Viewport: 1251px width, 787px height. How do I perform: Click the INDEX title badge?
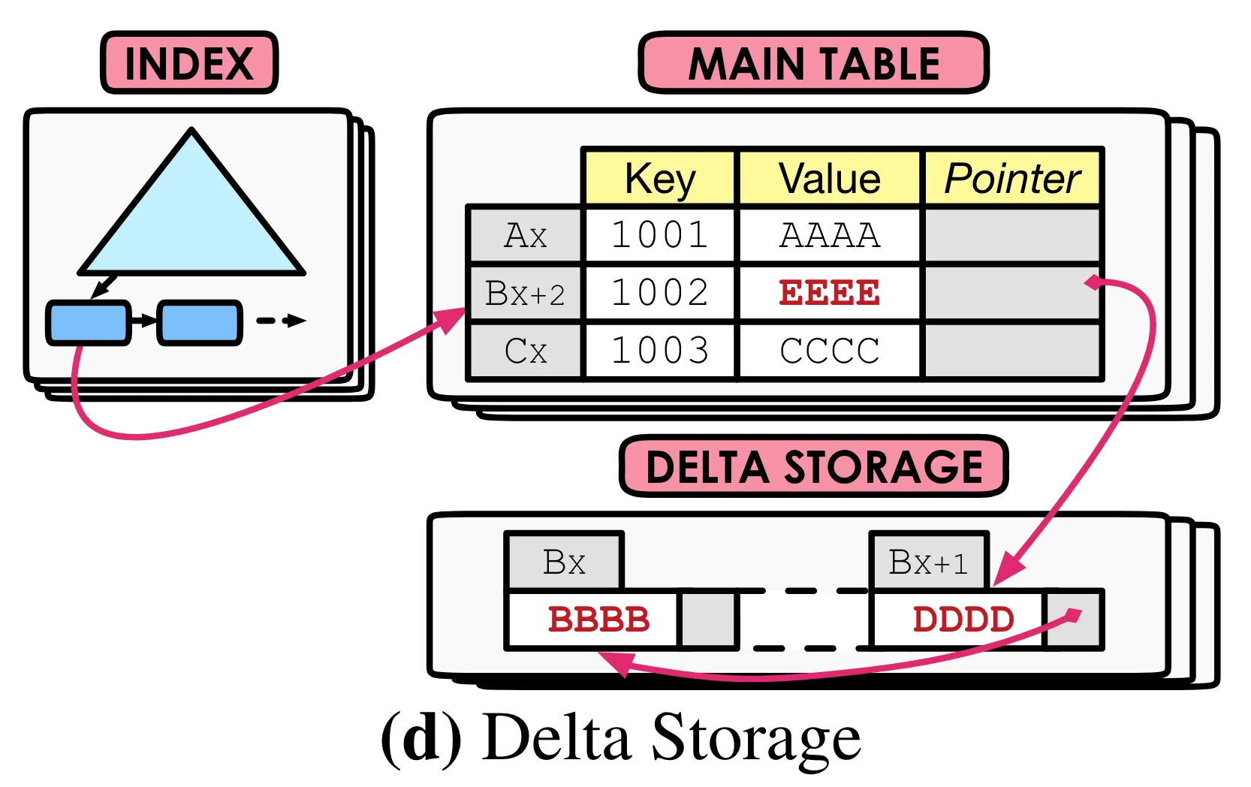coord(189,63)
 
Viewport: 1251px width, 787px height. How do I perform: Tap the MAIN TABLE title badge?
coord(814,63)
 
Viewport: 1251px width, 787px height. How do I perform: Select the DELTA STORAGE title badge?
coord(814,466)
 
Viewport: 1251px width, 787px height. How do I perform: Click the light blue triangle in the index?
coord(191,218)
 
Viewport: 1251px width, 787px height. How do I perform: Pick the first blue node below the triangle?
coord(88,322)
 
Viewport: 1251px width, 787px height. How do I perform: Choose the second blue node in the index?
coord(199,322)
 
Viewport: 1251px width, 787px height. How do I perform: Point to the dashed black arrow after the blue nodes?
coord(281,321)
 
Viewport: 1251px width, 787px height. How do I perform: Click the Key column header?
coord(660,179)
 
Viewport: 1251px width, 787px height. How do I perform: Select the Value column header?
coord(830,179)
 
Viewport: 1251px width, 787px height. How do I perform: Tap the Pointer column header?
coord(1012,179)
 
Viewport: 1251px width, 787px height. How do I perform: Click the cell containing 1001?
coord(660,235)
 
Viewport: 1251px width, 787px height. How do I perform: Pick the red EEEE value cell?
coord(830,293)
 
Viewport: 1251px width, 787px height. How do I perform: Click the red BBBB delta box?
coord(598,620)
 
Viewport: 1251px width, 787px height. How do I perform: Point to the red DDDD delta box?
coord(963,620)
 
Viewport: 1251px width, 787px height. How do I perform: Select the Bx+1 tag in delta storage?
coord(929,562)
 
